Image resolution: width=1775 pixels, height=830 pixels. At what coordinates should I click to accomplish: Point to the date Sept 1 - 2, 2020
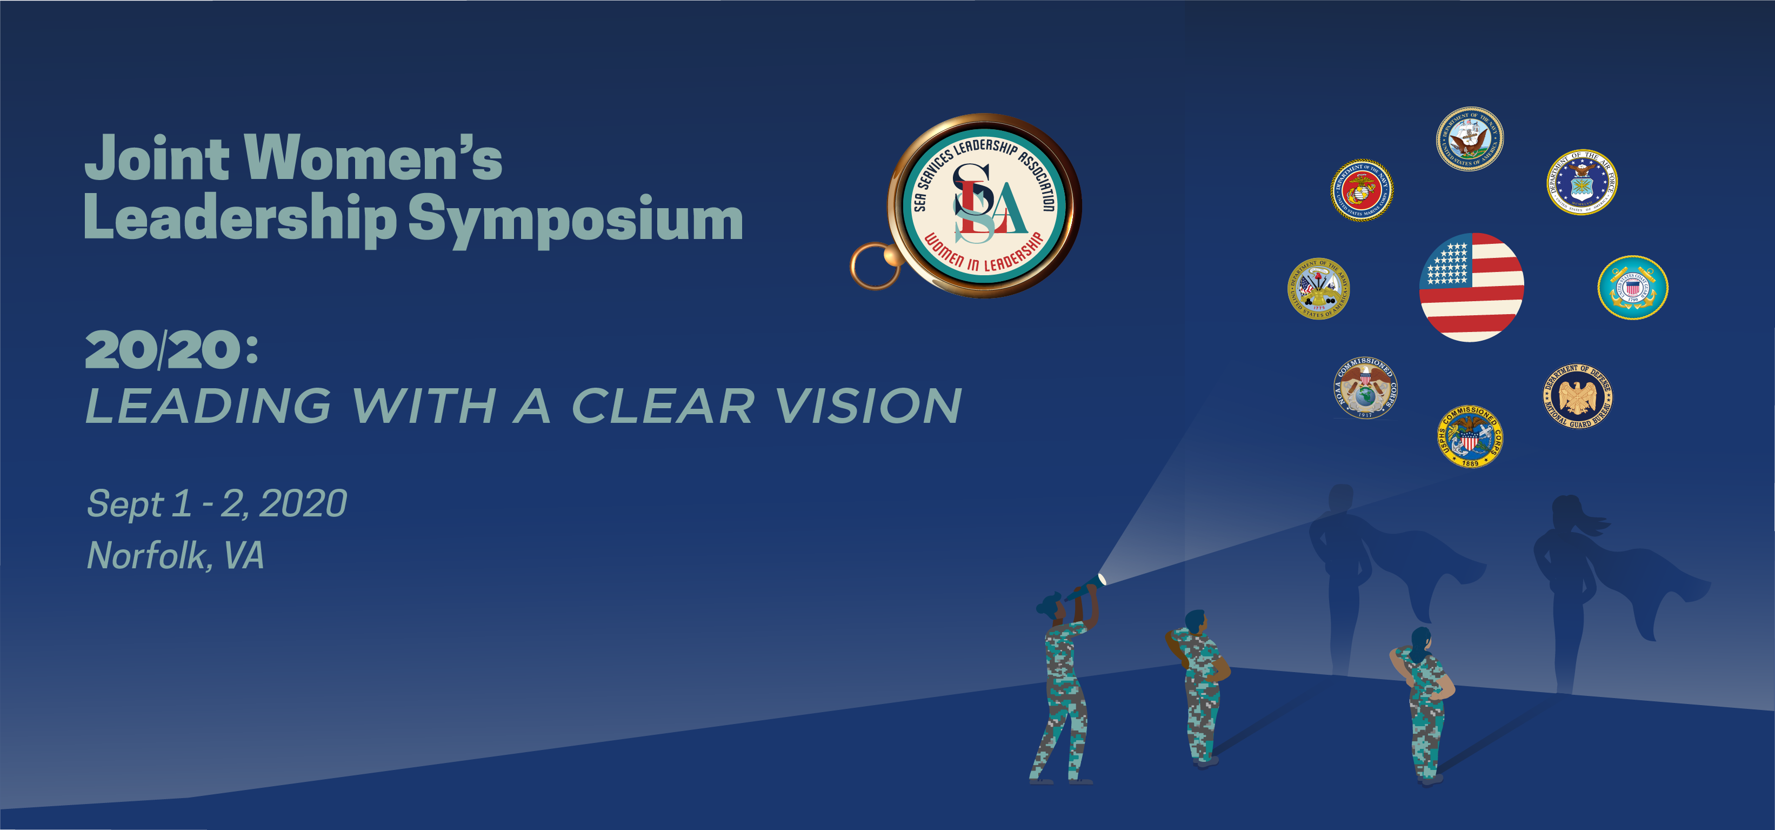(x=216, y=503)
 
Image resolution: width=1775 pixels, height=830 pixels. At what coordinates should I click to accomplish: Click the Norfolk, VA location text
(x=175, y=556)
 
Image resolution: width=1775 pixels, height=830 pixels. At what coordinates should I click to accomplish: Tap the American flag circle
(x=1471, y=287)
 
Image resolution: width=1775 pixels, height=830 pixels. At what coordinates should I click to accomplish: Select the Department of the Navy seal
(x=1469, y=138)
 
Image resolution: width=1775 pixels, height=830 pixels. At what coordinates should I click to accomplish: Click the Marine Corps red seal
(x=1362, y=190)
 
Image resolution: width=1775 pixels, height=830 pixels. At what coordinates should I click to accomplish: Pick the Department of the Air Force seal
(x=1582, y=183)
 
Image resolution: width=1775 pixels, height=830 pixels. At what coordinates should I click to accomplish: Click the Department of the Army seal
(x=1318, y=289)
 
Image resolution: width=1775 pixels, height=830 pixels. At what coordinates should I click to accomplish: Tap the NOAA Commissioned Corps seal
(x=1365, y=388)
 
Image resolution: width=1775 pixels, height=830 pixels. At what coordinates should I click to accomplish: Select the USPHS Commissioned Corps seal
(x=1470, y=436)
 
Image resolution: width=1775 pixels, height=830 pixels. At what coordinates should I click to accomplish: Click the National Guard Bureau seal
(x=1577, y=396)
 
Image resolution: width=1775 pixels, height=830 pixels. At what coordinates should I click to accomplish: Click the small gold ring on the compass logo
(x=874, y=265)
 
